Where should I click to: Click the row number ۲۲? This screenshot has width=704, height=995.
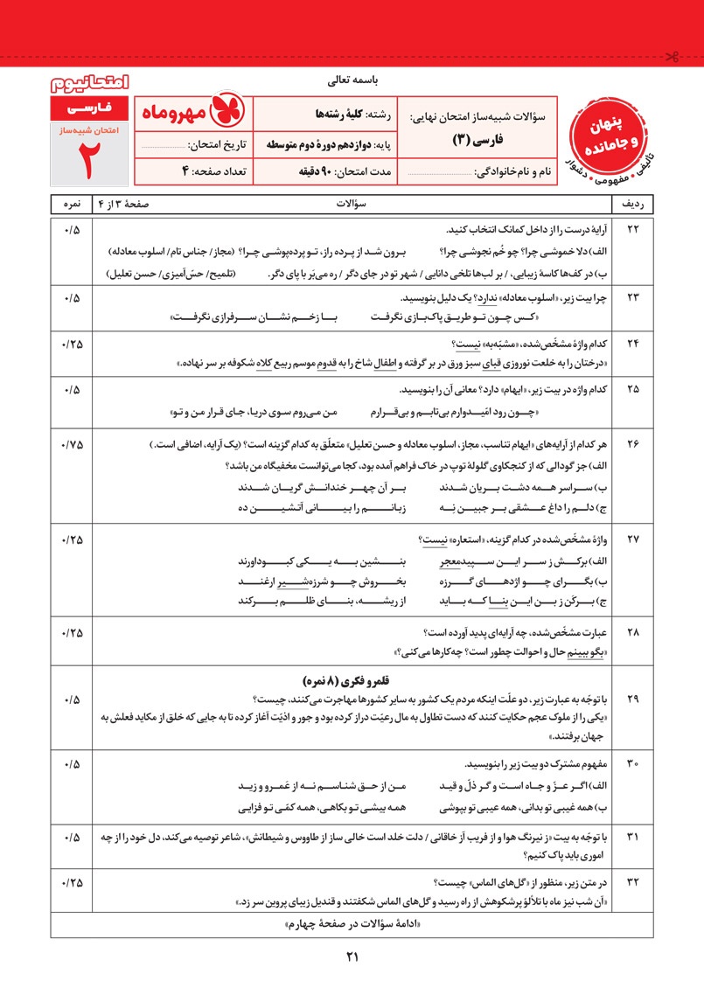click(634, 230)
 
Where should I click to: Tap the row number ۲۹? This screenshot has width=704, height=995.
click(634, 699)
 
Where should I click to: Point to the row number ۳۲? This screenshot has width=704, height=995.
click(634, 881)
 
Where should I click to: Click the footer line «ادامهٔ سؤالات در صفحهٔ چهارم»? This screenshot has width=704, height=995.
click(352, 925)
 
